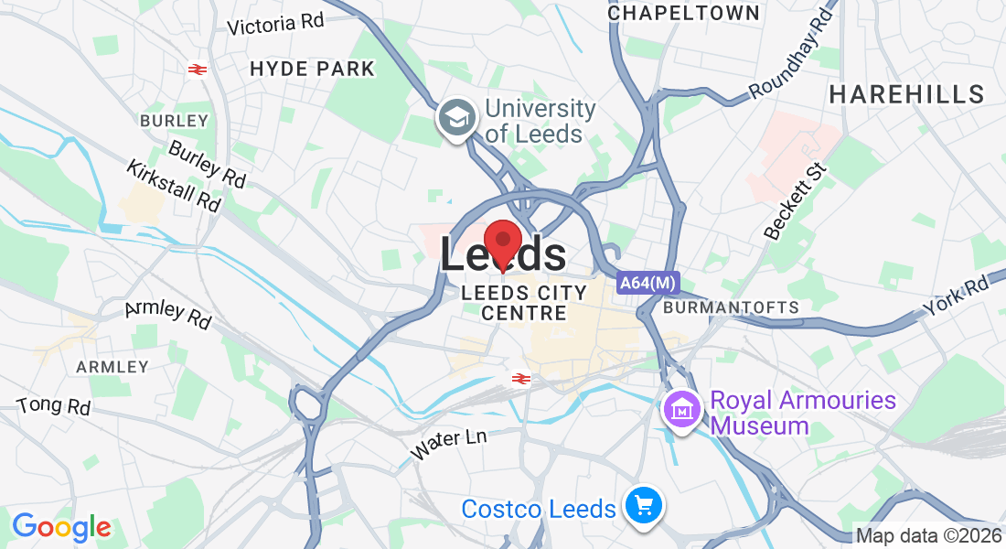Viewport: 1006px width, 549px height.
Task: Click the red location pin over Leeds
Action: tap(502, 243)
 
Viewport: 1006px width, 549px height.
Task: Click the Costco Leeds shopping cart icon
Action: tap(644, 506)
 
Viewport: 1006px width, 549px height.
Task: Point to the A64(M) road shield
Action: tap(647, 284)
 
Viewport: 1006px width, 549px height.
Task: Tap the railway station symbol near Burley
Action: tap(196, 69)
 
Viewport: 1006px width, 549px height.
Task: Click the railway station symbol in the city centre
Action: tap(521, 378)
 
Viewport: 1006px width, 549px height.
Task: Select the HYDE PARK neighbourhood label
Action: tap(312, 69)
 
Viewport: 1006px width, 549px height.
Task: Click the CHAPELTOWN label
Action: tap(683, 13)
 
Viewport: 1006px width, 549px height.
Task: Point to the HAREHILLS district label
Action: tap(906, 93)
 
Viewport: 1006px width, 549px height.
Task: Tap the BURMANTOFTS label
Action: tap(731, 307)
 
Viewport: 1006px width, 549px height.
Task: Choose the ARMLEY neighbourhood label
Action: tap(112, 367)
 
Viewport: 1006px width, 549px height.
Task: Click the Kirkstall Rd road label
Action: tap(175, 186)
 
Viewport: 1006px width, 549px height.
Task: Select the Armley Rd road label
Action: tap(167, 315)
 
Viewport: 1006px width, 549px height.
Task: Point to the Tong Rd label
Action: tap(54, 405)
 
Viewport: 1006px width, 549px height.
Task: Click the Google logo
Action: tap(61, 527)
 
